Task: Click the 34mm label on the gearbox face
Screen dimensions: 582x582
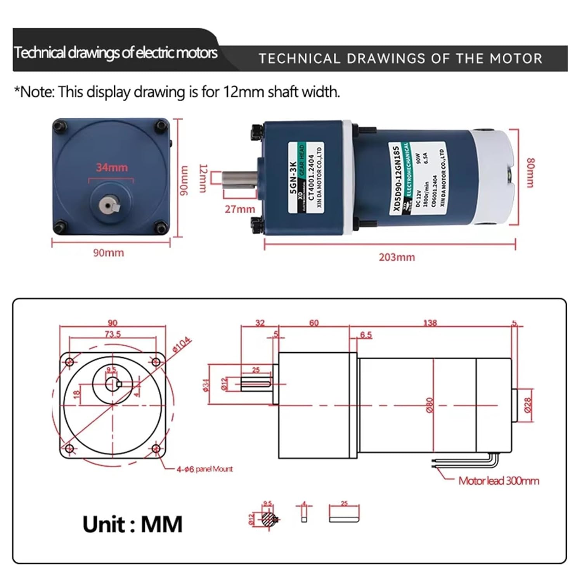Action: point(112,168)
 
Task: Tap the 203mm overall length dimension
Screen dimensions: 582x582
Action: point(397,257)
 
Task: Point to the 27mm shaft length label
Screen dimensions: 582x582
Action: point(240,209)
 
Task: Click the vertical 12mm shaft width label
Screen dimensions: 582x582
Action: point(203,178)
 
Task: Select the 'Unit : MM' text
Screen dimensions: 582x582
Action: point(132,525)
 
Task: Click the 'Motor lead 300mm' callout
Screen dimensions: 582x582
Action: point(499,481)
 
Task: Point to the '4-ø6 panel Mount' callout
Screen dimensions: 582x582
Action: point(204,469)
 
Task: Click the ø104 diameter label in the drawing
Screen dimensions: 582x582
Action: point(182,344)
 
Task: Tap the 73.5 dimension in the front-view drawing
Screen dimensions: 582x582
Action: point(113,334)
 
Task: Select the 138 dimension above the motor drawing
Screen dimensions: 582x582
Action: point(430,323)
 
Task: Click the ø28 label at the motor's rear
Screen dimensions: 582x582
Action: point(528,405)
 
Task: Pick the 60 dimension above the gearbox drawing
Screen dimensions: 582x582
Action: point(314,323)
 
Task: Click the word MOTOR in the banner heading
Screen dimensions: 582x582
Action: point(516,59)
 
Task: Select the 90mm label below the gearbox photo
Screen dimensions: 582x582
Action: point(108,253)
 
